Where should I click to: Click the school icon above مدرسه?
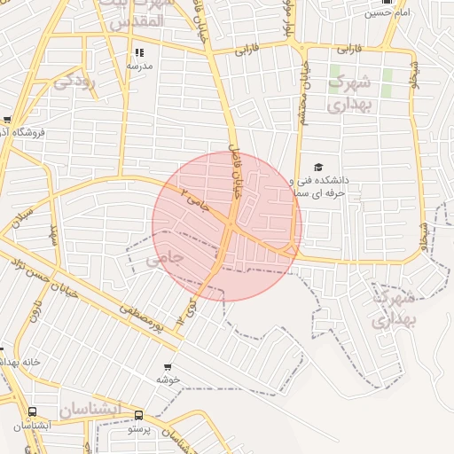pos(139,53)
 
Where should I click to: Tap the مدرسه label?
pos(139,67)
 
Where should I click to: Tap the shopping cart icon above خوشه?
pos(168,366)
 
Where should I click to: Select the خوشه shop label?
pos(168,380)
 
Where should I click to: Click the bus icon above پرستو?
pos(138,415)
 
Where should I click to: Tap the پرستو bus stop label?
pos(139,428)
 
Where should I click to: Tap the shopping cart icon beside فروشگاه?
pos(7,120)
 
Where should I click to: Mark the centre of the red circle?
pos(227,226)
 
